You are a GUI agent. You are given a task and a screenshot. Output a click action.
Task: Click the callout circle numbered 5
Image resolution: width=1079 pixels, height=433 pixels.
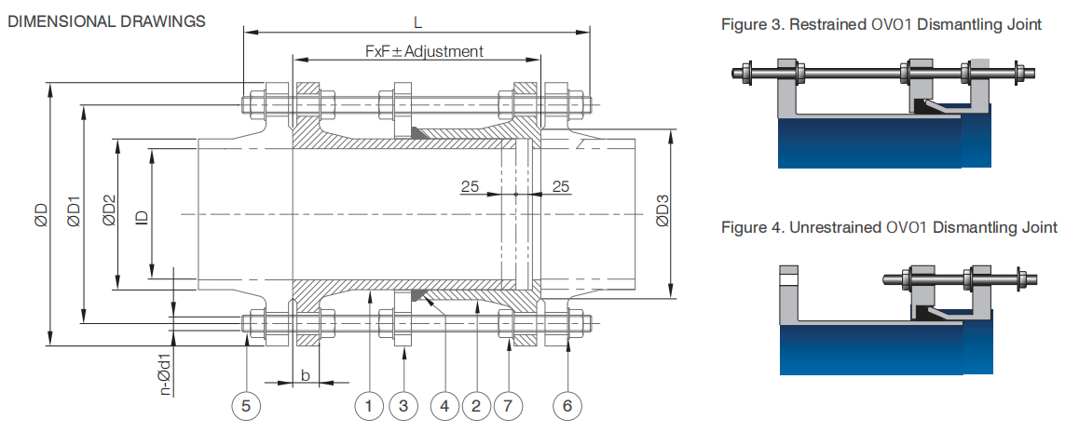(246, 406)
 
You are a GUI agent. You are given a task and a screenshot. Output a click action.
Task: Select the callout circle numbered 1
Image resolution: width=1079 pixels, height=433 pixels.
(369, 406)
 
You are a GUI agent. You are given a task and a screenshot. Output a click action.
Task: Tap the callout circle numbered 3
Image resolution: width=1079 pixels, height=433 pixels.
(403, 406)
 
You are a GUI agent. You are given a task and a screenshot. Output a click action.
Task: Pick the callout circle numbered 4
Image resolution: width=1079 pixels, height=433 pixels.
(444, 406)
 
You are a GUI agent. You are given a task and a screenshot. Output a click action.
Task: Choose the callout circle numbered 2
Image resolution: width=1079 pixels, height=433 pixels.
(475, 406)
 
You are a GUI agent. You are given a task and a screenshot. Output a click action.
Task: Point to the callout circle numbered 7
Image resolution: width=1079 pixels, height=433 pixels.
(508, 406)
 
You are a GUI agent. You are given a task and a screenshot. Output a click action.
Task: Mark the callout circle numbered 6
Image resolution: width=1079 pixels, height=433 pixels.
(567, 406)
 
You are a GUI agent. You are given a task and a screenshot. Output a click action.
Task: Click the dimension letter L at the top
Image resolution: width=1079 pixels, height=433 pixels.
(417, 22)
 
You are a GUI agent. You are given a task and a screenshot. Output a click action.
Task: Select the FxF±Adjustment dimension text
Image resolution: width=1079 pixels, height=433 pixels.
(424, 51)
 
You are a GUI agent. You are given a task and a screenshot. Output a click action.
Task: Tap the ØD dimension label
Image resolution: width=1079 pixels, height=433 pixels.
(41, 214)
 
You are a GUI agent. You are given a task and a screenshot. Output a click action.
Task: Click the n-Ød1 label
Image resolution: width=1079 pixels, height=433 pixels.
(165, 376)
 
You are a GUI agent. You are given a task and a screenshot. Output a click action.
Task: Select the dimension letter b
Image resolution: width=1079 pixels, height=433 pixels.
(307, 374)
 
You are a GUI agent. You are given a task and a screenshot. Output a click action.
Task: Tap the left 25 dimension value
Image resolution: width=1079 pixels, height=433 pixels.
(470, 185)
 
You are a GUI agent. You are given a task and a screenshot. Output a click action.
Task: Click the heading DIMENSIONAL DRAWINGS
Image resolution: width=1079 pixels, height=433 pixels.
(106, 21)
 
